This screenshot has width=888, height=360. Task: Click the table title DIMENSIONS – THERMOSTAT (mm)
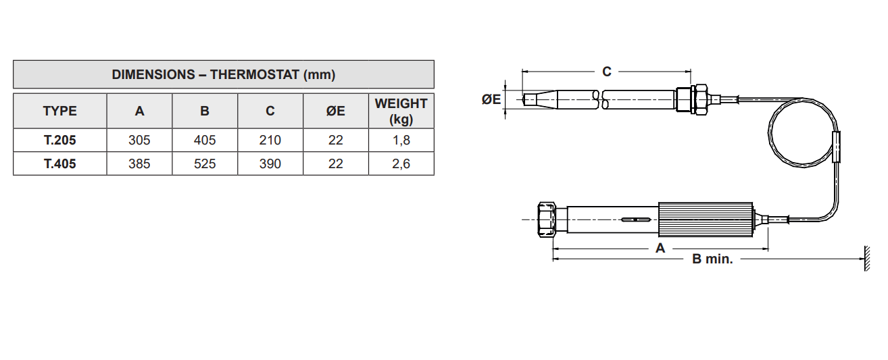point(224,74)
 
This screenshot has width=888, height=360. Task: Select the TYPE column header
point(60,111)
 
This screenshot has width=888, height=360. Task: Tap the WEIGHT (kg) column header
point(401,111)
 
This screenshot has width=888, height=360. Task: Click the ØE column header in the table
point(335,111)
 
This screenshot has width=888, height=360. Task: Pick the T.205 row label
point(60,140)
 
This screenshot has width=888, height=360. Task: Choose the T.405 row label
point(60,163)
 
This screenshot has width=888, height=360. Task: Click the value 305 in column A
point(139,140)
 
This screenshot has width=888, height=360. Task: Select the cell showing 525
point(205,163)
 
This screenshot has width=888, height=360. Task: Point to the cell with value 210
point(270,140)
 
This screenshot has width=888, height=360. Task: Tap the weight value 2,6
point(401,163)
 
